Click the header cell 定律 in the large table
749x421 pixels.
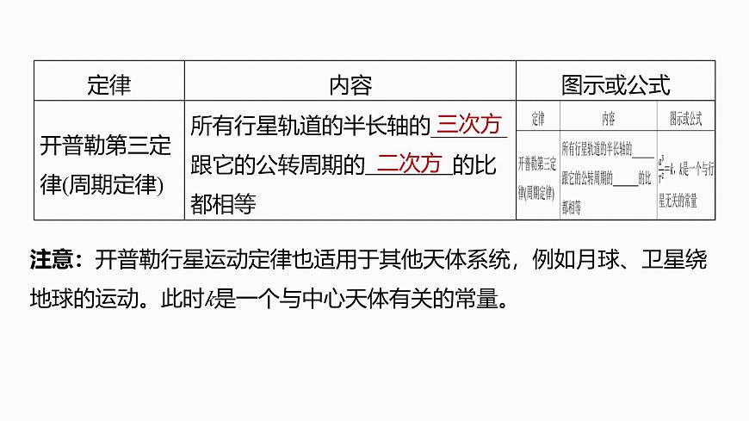click(108, 84)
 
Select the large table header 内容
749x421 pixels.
click(350, 84)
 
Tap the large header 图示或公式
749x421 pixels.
click(615, 84)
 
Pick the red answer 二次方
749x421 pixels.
click(409, 164)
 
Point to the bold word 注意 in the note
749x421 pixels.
click(54, 259)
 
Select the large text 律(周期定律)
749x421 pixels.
click(102, 183)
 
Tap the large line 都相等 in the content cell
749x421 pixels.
click(222, 203)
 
